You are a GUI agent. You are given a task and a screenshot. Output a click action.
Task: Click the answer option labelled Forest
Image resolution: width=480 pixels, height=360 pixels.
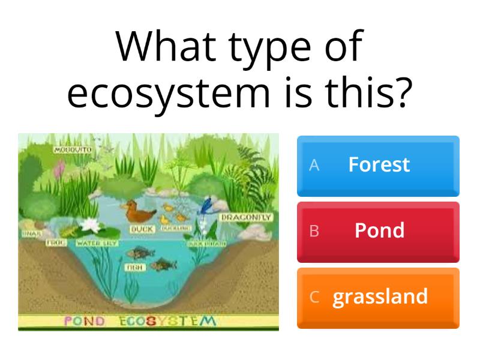pyautogui.click(x=378, y=166)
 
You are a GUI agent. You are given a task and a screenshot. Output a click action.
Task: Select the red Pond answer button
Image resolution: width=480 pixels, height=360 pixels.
pyautogui.click(x=378, y=231)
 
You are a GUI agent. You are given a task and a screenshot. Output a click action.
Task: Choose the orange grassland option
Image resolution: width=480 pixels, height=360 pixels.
pyautogui.click(x=378, y=297)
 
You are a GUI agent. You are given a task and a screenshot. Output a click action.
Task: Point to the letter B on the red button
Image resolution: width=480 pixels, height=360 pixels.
pyautogui.click(x=314, y=232)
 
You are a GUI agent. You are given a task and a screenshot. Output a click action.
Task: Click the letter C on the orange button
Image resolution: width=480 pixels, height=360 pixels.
pyautogui.click(x=314, y=298)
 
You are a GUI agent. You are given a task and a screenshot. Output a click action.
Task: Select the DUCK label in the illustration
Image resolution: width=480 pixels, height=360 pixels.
pyautogui.click(x=142, y=229)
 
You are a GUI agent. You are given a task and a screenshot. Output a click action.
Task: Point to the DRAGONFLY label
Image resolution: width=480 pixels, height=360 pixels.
pyautogui.click(x=247, y=217)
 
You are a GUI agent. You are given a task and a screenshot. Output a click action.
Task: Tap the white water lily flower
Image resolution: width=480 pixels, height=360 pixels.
pyautogui.click(x=91, y=226)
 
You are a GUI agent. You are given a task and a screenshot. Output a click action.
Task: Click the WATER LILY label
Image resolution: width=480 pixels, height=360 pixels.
pyautogui.click(x=96, y=244)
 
